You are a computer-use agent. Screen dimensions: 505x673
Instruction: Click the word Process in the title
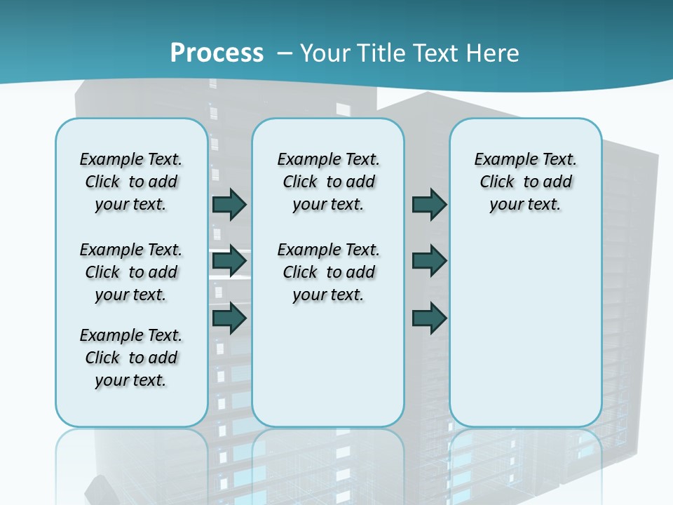pyautogui.click(x=217, y=53)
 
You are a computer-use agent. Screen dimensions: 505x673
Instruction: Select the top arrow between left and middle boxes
pyautogui.click(x=229, y=205)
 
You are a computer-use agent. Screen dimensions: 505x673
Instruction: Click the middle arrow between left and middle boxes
pyautogui.click(x=229, y=261)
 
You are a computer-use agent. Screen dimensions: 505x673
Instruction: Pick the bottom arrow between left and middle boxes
pyautogui.click(x=229, y=318)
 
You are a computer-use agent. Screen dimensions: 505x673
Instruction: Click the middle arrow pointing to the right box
pyautogui.click(x=429, y=261)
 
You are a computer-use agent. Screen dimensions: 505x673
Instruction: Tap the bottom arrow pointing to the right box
pyautogui.click(x=429, y=318)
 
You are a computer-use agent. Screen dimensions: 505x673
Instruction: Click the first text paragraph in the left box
pyautogui.click(x=131, y=182)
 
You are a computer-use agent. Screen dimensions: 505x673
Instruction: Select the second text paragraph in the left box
pyautogui.click(x=131, y=272)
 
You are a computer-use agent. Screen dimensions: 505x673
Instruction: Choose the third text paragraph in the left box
pyautogui.click(x=131, y=358)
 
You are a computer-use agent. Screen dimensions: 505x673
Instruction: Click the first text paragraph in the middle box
pyautogui.click(x=328, y=182)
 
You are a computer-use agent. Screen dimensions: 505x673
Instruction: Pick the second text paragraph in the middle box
pyautogui.click(x=328, y=272)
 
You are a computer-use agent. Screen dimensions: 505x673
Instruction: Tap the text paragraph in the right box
pyautogui.click(x=525, y=182)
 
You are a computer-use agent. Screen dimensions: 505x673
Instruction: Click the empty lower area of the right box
pyautogui.click(x=525, y=337)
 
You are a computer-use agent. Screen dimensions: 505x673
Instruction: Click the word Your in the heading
pyautogui.click(x=325, y=53)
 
